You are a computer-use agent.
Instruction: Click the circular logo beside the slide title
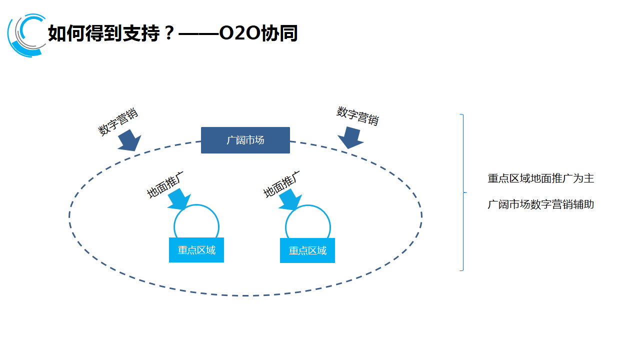pyautogui.click(x=26, y=35)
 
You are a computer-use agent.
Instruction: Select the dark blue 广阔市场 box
pyautogui.click(x=245, y=140)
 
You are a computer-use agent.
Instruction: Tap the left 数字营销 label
pyautogui.click(x=118, y=121)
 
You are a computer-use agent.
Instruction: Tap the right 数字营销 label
pyautogui.click(x=357, y=116)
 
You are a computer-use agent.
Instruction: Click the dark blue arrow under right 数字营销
pyautogui.click(x=350, y=137)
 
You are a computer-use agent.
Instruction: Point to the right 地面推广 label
pyautogui.click(x=282, y=184)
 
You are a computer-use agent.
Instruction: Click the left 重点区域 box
pyautogui.click(x=196, y=250)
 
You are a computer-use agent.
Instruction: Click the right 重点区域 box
pyautogui.click(x=307, y=250)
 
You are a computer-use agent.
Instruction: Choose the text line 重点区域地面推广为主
pyautogui.click(x=541, y=178)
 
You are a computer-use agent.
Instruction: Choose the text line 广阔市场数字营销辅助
pyautogui.click(x=541, y=204)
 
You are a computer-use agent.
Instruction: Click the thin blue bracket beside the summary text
pyautogui.click(x=462, y=192)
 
